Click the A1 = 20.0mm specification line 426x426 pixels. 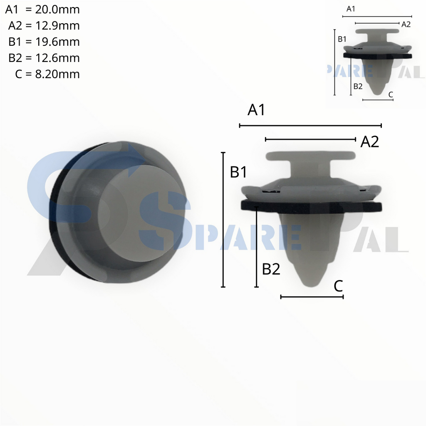point(42,10)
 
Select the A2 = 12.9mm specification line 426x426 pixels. point(44,26)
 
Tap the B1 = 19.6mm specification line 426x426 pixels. point(44,42)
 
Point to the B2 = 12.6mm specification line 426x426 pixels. point(44,58)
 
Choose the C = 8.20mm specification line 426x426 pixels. point(47,74)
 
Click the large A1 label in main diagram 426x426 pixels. point(256,110)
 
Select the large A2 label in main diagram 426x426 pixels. point(369,142)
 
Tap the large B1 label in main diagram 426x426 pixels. point(239,172)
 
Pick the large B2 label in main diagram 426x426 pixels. point(271,270)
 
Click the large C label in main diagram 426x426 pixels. point(338,286)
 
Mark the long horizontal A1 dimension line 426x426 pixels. point(310,125)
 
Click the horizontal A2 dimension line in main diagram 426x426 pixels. point(310,139)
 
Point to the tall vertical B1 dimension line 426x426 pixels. point(223,220)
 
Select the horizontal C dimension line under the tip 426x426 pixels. point(312,297)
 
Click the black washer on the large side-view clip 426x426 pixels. point(311,206)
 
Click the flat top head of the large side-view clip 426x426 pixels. point(311,156)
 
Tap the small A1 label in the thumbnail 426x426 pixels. point(351,8)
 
